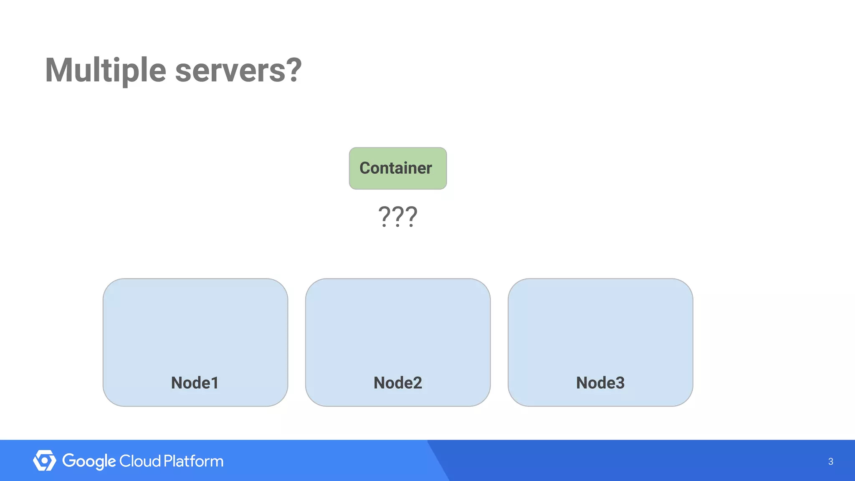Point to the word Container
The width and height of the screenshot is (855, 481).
tap(395, 168)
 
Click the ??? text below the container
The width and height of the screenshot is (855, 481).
tap(397, 216)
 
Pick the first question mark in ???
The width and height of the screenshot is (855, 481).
tap(384, 216)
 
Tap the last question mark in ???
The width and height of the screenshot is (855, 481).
tap(411, 216)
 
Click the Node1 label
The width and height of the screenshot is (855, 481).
tap(195, 383)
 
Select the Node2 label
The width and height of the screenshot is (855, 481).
tap(397, 383)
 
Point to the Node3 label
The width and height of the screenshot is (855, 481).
tap(600, 383)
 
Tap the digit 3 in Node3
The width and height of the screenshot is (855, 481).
tap(620, 383)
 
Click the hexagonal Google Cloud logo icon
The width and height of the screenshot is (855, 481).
tap(44, 461)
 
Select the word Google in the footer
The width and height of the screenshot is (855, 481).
tap(89, 461)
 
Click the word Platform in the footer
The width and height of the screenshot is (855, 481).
tap(193, 461)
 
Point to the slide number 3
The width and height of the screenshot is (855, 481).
tap(830, 461)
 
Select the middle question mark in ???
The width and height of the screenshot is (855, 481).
tap(397, 216)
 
